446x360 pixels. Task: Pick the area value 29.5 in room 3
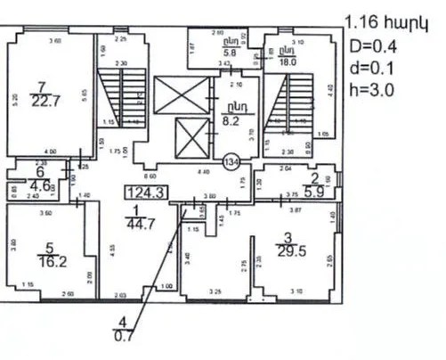pos(286,251)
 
